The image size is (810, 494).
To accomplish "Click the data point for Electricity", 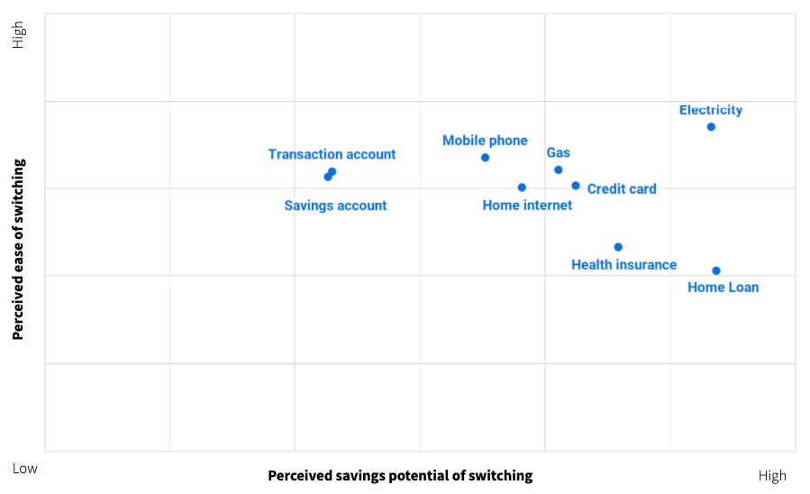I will click(x=711, y=127).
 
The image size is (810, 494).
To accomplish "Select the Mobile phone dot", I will click(x=485, y=158).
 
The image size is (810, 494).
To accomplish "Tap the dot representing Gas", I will click(x=558, y=169).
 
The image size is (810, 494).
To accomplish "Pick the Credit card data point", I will click(x=576, y=186).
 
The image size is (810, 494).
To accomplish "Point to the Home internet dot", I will click(x=522, y=188).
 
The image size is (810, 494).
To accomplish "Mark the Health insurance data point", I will click(x=618, y=247).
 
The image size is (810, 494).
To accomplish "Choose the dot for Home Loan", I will click(x=716, y=270).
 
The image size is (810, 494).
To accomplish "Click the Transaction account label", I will click(x=332, y=154).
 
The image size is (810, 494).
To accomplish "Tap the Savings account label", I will click(x=335, y=206).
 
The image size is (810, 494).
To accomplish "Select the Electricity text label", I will click(x=711, y=110).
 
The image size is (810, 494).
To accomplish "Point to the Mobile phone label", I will click(x=485, y=141).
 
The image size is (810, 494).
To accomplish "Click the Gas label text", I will click(x=559, y=153).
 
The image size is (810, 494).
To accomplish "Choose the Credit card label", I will click(x=622, y=189).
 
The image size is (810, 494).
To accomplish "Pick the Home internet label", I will click(x=527, y=206).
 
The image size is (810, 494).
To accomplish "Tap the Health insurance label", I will click(x=623, y=265).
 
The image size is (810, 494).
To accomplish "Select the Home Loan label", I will click(x=723, y=288).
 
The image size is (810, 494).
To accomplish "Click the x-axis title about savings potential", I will click(x=400, y=475).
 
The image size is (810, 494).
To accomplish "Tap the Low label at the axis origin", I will click(x=25, y=469).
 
